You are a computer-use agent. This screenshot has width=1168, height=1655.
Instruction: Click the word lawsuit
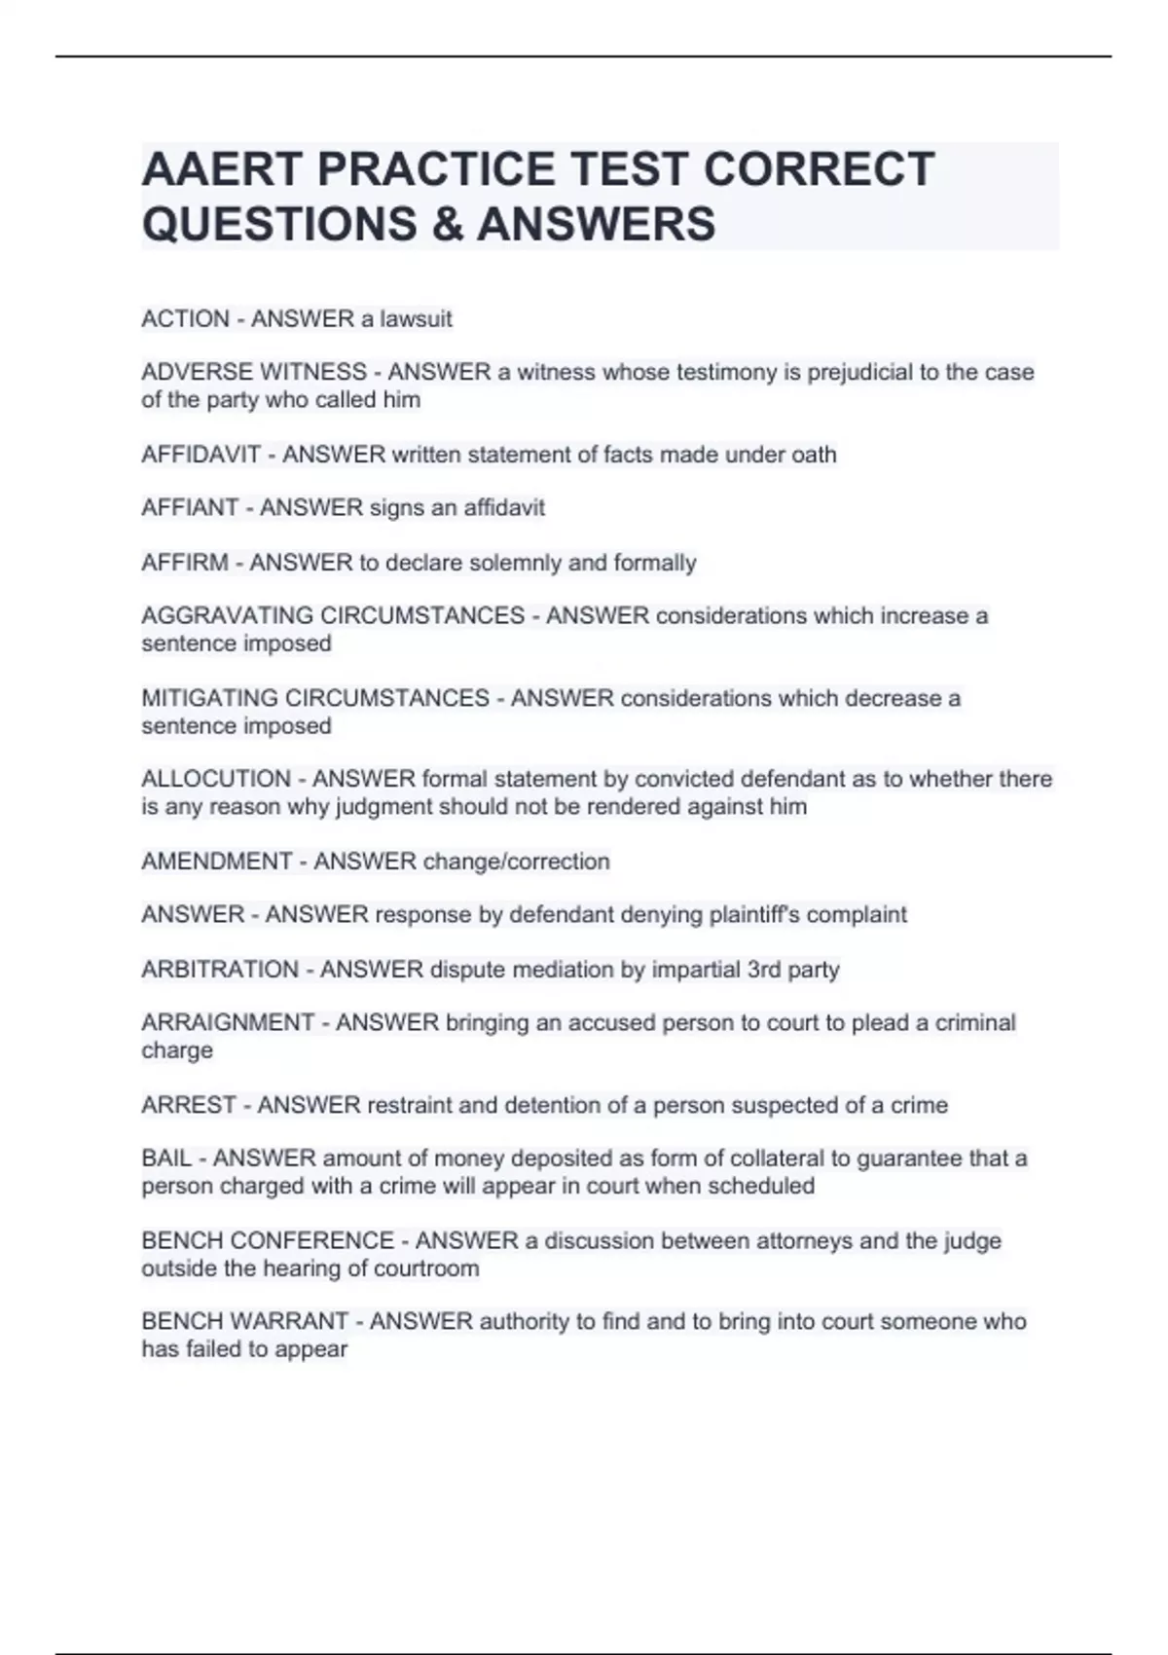pyautogui.click(x=416, y=319)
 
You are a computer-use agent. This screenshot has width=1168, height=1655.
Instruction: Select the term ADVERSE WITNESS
pyautogui.click(x=254, y=373)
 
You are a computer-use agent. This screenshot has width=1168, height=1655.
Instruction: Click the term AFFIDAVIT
pyautogui.click(x=201, y=455)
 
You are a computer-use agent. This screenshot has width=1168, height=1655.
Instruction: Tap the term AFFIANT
pyautogui.click(x=190, y=508)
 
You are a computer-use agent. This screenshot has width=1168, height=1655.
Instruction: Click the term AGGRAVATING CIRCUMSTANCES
pyautogui.click(x=333, y=616)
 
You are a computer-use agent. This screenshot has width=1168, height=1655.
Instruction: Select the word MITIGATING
pyautogui.click(x=209, y=699)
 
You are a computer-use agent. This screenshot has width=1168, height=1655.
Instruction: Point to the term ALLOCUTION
pyautogui.click(x=216, y=780)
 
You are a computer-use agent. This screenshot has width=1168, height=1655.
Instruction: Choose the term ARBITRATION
pyautogui.click(x=220, y=970)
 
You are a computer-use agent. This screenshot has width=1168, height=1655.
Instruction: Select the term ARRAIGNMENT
pyautogui.click(x=228, y=1023)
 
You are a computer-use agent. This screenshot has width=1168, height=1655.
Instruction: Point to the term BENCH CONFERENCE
pyautogui.click(x=268, y=1241)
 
